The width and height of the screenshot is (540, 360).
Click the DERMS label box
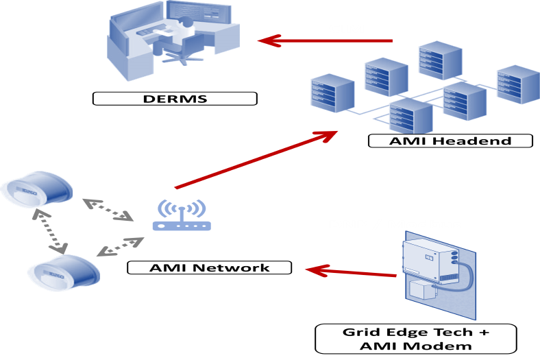[x=175, y=98]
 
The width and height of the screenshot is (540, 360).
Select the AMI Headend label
[x=450, y=141]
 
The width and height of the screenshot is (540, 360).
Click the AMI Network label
[x=210, y=267]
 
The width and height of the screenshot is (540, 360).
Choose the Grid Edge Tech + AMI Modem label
[x=416, y=339]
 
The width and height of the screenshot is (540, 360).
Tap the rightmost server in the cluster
[x=518, y=84]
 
